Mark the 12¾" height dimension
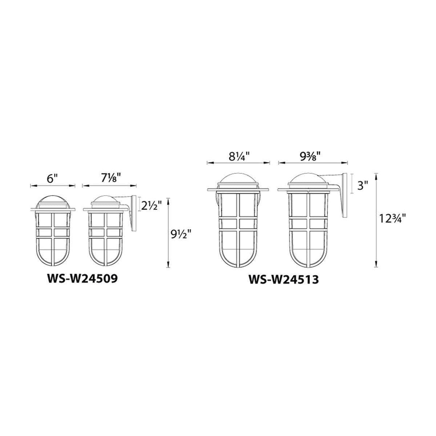point(393,219)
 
